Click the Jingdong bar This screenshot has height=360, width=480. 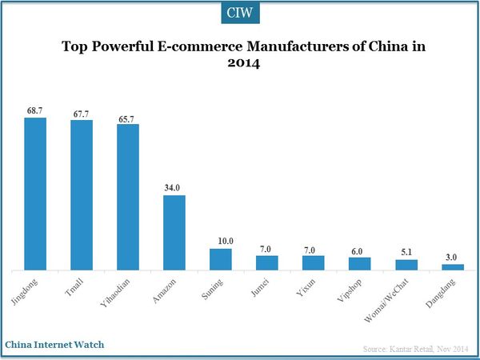35,194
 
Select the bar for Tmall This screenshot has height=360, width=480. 82,194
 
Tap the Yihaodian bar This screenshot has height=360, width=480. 128,197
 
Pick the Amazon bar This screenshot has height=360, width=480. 174,232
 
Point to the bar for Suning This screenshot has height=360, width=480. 221,259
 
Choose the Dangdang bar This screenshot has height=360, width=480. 453,267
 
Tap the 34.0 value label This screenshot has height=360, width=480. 174,187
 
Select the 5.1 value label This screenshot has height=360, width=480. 406,251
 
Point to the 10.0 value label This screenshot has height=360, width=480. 221,240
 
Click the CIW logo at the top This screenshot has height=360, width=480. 240,14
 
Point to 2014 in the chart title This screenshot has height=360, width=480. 239,65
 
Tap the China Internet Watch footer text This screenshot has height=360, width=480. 54,345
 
